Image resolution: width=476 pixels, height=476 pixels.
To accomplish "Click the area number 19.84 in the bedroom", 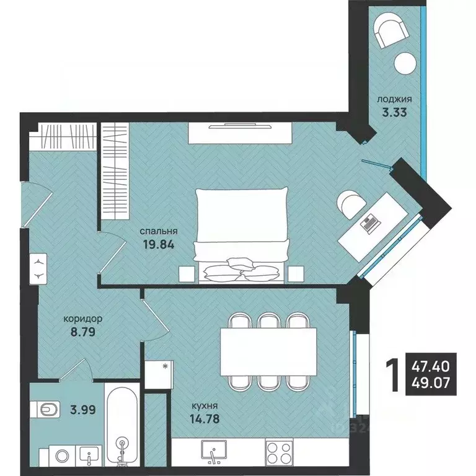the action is coord(159,244).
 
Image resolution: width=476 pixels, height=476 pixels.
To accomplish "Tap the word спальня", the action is coord(159,231).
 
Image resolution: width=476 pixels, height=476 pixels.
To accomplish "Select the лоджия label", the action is coord(394,100).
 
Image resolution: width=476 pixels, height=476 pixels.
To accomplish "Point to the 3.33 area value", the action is coord(394,112).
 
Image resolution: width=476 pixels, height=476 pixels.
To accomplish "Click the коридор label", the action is coord(83,319).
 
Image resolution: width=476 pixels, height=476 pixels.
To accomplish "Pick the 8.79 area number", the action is coord(83,332).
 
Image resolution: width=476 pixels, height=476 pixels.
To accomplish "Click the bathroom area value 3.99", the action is coord(83,410).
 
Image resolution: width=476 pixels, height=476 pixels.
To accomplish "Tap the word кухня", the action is coord(205,406).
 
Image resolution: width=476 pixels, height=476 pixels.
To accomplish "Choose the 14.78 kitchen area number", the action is coord(205,419).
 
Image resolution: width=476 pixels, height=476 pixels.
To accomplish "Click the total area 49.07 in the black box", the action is coord(431,383).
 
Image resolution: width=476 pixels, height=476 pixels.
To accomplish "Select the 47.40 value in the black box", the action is coord(431,367).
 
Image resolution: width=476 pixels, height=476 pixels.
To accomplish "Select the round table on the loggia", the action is coord(405,63).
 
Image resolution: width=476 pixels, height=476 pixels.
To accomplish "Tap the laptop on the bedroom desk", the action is coord(371,223).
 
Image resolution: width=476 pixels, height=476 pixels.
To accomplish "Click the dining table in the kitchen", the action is coord(268,351).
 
